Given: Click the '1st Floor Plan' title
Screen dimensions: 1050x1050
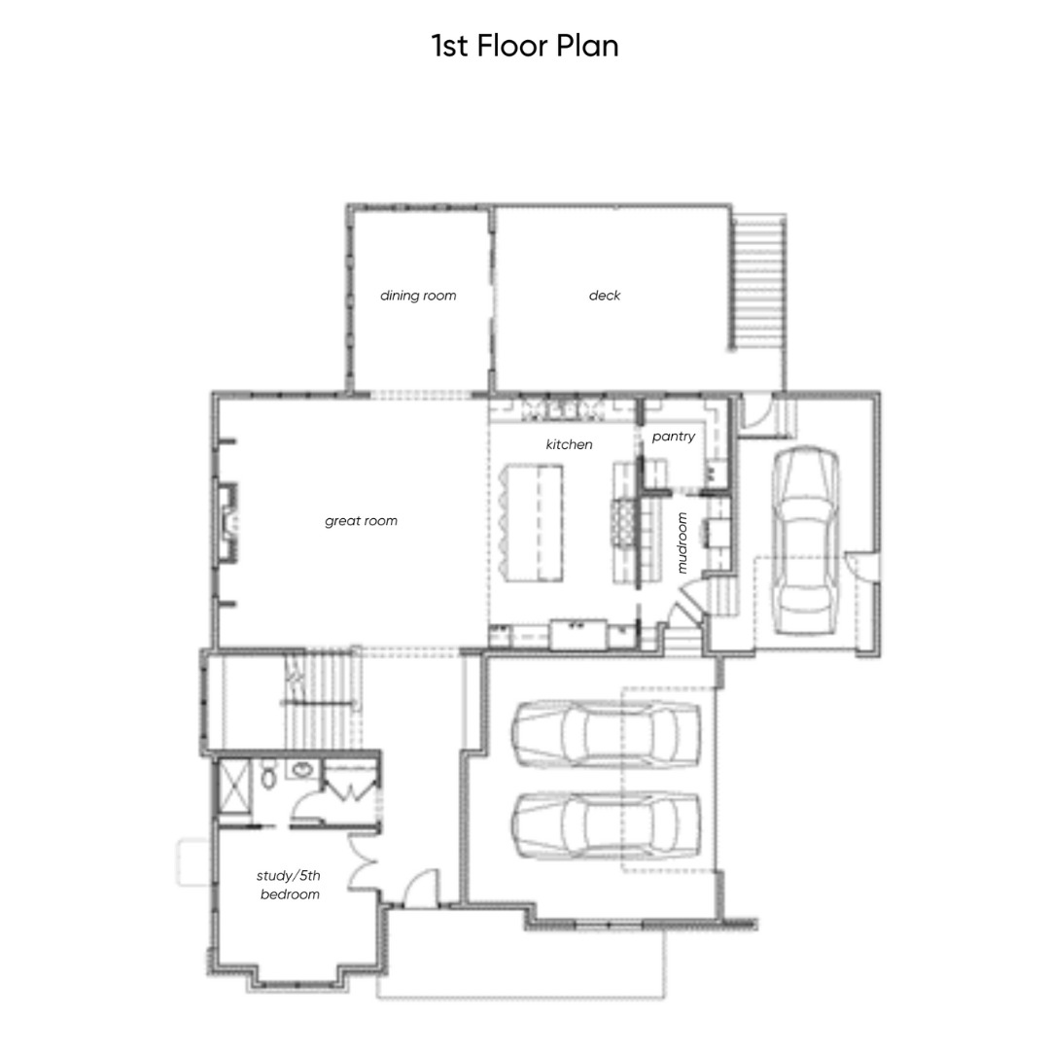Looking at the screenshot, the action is (525, 46).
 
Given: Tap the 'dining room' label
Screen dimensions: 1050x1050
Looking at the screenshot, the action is (418, 296).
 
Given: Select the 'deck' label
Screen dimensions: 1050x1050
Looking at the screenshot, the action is (605, 296).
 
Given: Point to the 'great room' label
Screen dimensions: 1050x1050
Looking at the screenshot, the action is (361, 521).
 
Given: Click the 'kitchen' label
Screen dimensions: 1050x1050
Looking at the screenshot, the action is (569, 444).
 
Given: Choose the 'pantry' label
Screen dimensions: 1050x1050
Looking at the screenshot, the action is (674, 437).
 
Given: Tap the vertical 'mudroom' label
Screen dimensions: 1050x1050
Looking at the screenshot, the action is (682, 543).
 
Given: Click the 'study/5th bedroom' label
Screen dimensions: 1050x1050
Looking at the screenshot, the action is (290, 885).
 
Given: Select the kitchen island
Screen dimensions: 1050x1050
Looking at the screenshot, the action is (532, 523).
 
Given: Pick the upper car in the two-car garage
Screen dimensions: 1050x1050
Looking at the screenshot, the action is (607, 733).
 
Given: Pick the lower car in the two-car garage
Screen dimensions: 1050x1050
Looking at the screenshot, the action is (607, 826).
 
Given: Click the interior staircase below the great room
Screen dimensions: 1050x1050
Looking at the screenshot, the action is (323, 700).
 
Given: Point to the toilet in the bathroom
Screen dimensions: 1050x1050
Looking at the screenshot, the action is (268, 774).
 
